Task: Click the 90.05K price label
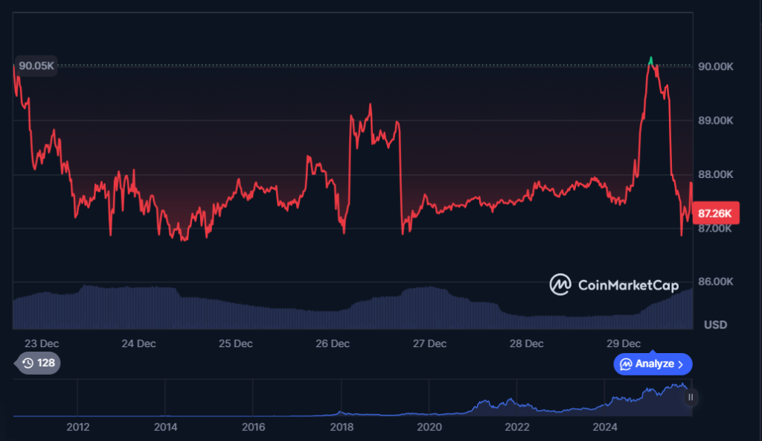[x=36, y=66]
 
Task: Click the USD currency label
[x=715, y=326]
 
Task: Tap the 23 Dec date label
[x=42, y=343]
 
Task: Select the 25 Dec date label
[x=235, y=343]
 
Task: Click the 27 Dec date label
[x=429, y=343]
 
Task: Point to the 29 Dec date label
[x=624, y=343]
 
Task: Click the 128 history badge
[x=38, y=364]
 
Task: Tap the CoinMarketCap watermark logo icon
[x=560, y=284]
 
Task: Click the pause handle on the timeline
[x=691, y=397]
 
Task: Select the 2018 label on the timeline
[x=342, y=427]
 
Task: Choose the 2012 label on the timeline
[x=78, y=427]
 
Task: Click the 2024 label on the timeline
[x=605, y=427]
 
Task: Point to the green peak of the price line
[x=651, y=59]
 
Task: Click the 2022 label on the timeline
[x=517, y=427]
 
